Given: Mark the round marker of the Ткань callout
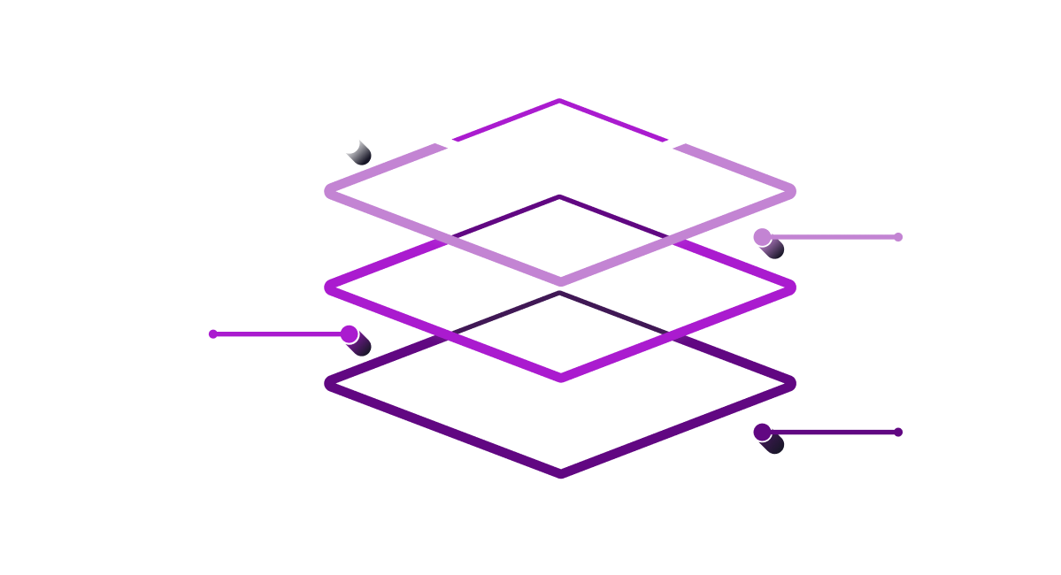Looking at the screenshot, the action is (x=762, y=433).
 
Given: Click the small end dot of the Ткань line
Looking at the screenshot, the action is (x=898, y=433).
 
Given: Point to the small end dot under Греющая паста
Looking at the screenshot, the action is (x=898, y=237).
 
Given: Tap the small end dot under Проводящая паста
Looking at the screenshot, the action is (x=212, y=334).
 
